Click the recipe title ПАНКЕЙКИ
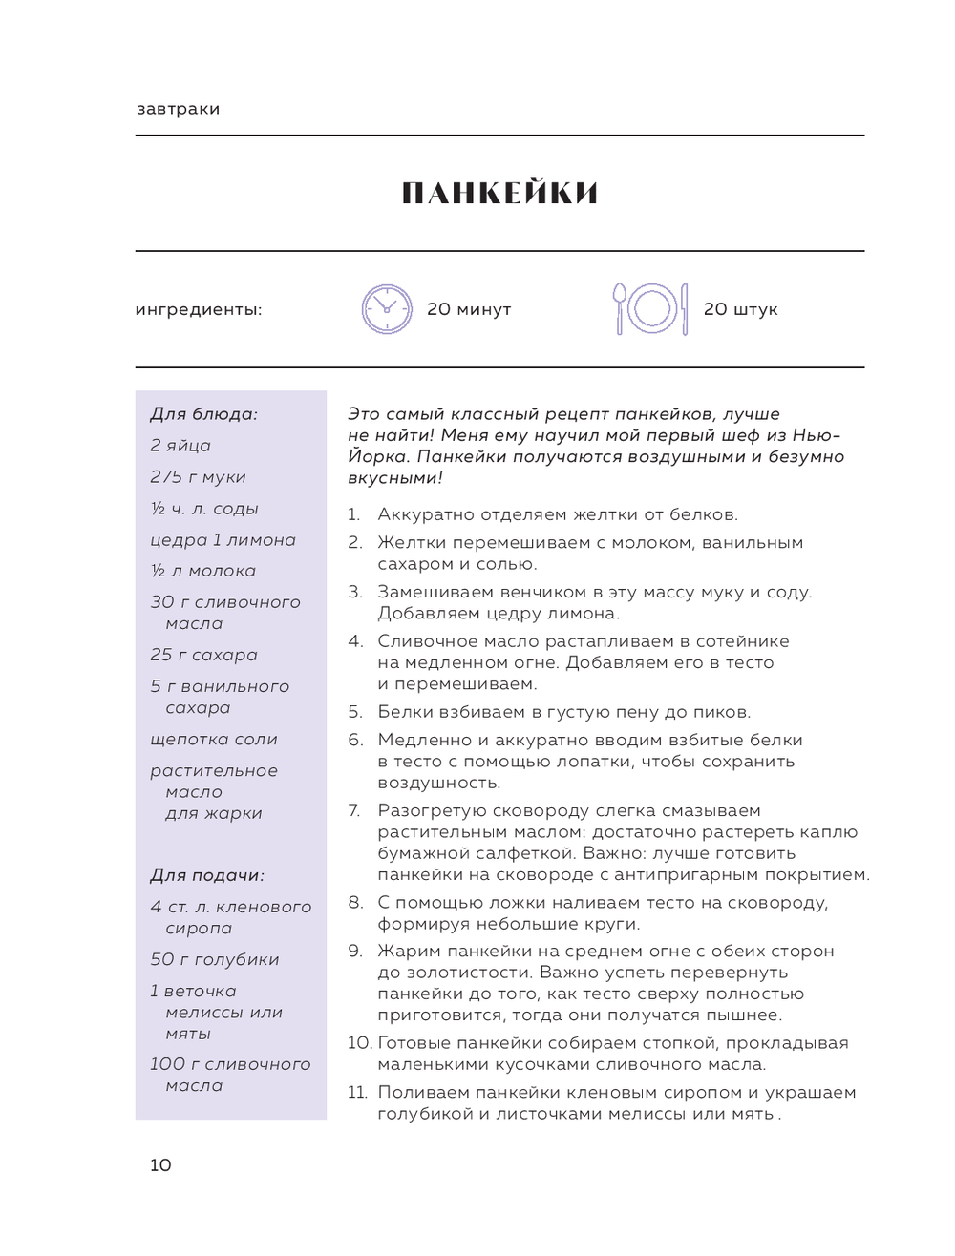pyautogui.click(x=499, y=194)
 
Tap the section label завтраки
pyautogui.click(x=179, y=109)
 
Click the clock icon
pyautogui.click(x=387, y=309)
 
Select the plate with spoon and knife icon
pyautogui.click(x=650, y=309)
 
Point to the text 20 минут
pyautogui.click(x=469, y=309)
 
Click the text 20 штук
pyautogui.click(x=740, y=309)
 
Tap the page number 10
pyautogui.click(x=160, y=1164)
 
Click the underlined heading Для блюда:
pyautogui.click(x=203, y=414)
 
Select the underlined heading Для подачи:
pyautogui.click(x=207, y=875)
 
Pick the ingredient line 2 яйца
pyautogui.click(x=180, y=446)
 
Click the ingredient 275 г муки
pyautogui.click(x=198, y=477)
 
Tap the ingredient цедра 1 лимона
pyautogui.click(x=223, y=540)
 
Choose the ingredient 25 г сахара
pyautogui.click(x=203, y=656)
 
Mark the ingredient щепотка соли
pyautogui.click(x=214, y=740)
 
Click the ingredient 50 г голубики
pyautogui.click(x=214, y=960)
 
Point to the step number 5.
pyautogui.click(x=355, y=712)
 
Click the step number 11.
pyautogui.click(x=357, y=1093)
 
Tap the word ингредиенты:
pyautogui.click(x=199, y=309)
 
